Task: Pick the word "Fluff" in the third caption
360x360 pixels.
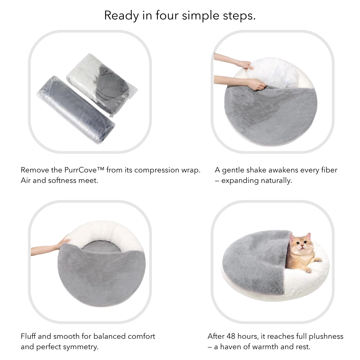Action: point(28,336)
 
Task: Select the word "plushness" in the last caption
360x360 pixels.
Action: point(326,336)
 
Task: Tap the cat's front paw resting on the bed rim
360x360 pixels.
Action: point(318,260)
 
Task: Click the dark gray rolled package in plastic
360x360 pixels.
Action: point(76,110)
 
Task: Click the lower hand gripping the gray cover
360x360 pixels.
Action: point(257,85)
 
